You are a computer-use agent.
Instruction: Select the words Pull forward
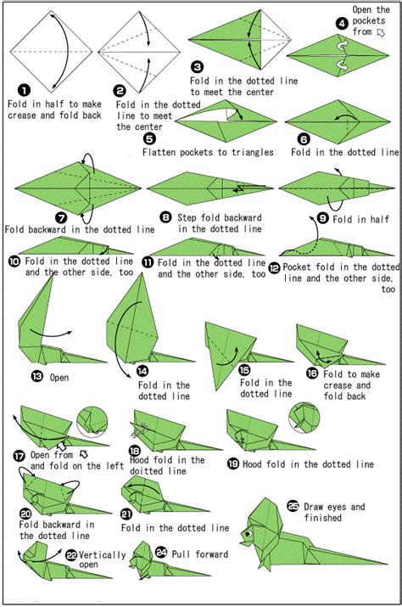(x=198, y=555)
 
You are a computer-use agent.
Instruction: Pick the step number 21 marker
(x=127, y=514)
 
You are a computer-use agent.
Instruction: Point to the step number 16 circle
(x=312, y=372)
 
